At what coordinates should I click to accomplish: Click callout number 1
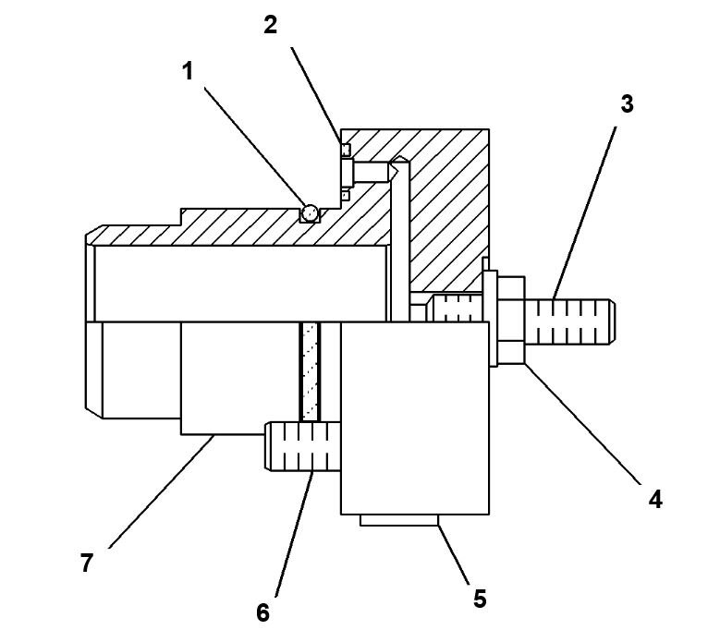(188, 71)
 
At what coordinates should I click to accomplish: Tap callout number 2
(270, 25)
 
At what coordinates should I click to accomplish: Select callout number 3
(627, 103)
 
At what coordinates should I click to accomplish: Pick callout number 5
(479, 598)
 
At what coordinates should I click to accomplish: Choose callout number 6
(263, 612)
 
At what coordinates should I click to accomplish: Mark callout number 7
(87, 562)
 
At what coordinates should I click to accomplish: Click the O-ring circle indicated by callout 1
(311, 213)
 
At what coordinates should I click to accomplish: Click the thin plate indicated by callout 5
(398, 521)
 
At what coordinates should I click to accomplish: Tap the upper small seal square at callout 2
(346, 149)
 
